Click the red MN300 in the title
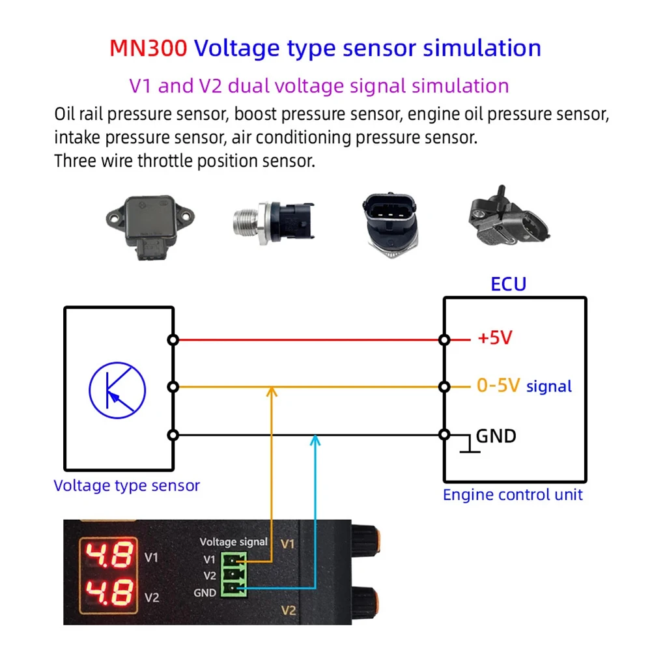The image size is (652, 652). (x=149, y=48)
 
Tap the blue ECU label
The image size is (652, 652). (x=507, y=284)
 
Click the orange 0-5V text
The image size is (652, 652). (x=498, y=386)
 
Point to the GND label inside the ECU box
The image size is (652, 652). (x=496, y=436)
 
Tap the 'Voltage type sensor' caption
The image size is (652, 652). (x=126, y=485)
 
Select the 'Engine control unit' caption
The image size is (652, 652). (x=513, y=494)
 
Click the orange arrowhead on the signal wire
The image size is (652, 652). (x=272, y=391)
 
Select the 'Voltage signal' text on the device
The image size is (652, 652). (x=233, y=541)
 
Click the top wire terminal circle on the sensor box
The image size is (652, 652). (x=173, y=339)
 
